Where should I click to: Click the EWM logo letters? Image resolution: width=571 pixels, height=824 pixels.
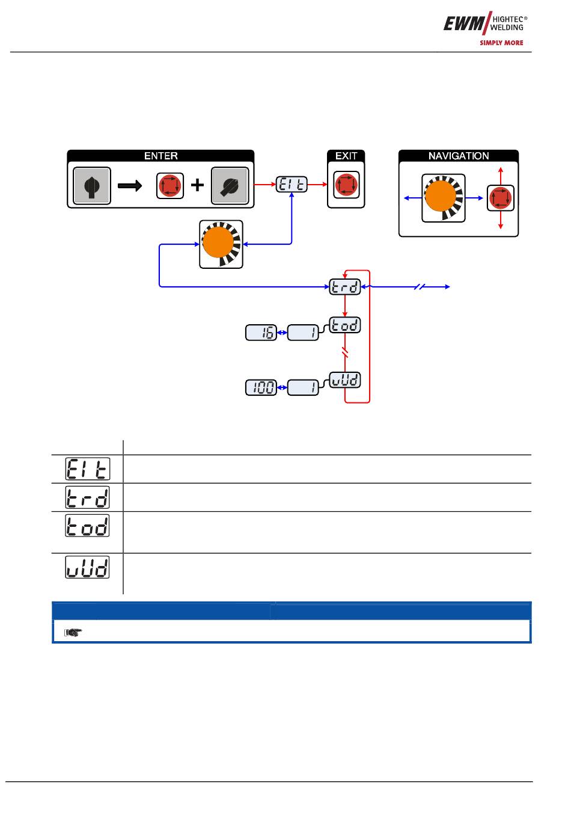pyautogui.click(x=464, y=23)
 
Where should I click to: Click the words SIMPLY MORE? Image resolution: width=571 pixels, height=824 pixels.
pyautogui.click(x=501, y=43)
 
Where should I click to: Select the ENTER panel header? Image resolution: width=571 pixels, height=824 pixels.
pyautogui.click(x=160, y=156)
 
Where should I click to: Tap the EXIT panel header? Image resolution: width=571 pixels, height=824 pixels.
pyautogui.click(x=346, y=156)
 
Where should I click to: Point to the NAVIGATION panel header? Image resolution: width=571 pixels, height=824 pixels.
pyautogui.click(x=459, y=156)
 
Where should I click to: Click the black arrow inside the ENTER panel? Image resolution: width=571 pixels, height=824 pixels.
pyautogui.click(x=130, y=185)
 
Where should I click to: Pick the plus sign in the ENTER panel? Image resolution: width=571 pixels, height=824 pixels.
pyautogui.click(x=197, y=185)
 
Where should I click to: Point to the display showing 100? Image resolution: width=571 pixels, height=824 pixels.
pyautogui.click(x=261, y=388)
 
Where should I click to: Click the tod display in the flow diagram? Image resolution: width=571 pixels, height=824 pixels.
pyautogui.click(x=344, y=325)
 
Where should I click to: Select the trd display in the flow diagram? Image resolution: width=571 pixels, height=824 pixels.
pyautogui.click(x=344, y=287)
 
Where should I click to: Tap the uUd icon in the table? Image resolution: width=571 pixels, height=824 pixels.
pyautogui.click(x=87, y=567)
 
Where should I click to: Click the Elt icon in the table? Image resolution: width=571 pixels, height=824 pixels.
pyautogui.click(x=87, y=469)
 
